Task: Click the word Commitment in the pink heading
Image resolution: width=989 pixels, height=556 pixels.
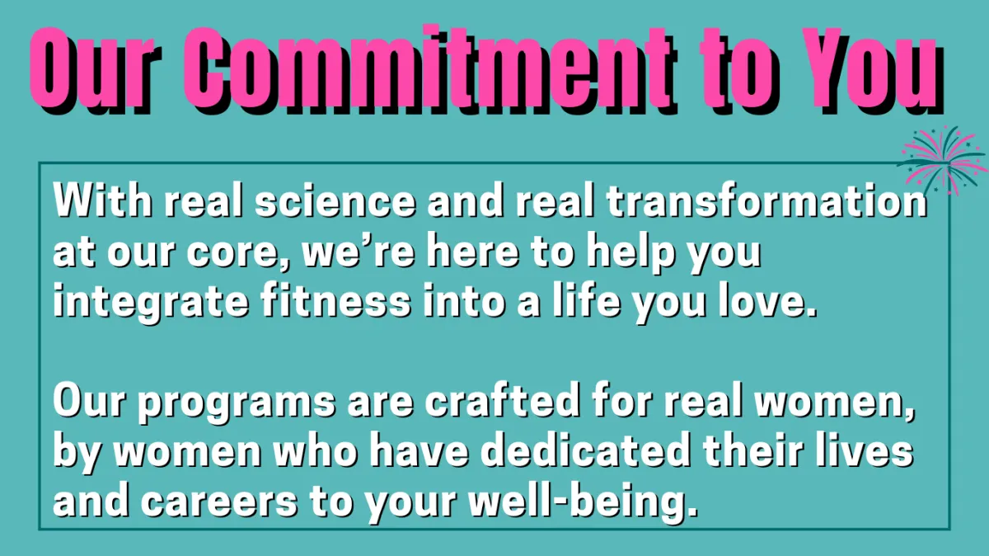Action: pyautogui.click(x=430, y=68)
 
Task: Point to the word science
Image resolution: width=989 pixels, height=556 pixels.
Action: pyautogui.click(x=335, y=202)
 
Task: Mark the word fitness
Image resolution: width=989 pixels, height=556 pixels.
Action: pyautogui.click(x=335, y=301)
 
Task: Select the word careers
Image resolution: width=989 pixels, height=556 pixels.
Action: pyautogui.click(x=219, y=503)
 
